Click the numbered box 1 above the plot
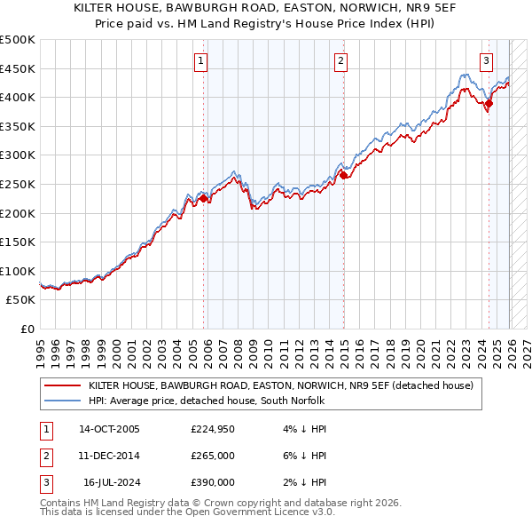pos(202,61)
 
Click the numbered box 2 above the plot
pos(340,61)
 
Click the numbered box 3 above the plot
pos(487,61)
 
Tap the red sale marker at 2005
pos(203,199)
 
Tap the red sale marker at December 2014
pos(342,176)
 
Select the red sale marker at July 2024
pos(489,103)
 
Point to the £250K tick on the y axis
pos(18,184)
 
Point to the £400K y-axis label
pos(18,97)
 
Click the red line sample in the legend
pos(63,385)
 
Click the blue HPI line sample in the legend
pos(63,401)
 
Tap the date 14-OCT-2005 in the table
pos(109,429)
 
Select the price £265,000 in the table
pos(213,456)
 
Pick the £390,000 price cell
pos(213,482)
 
